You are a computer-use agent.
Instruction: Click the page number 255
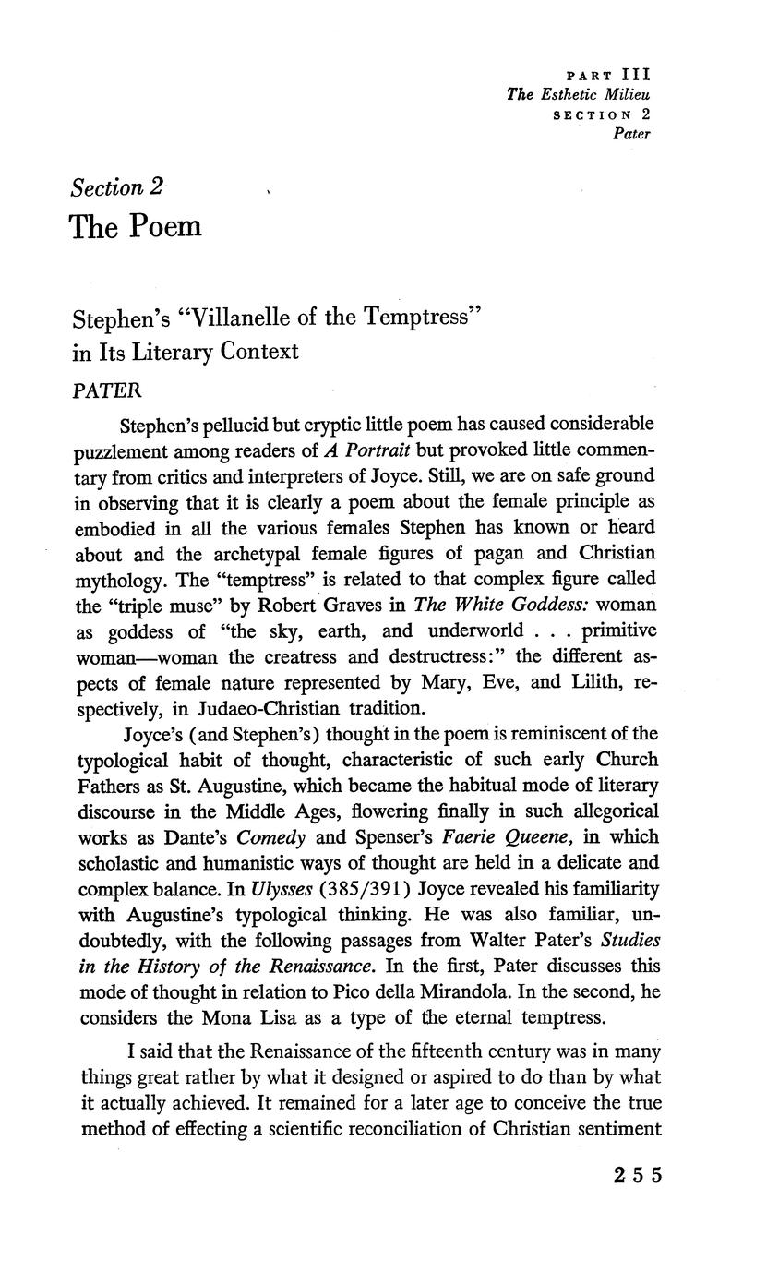click(x=637, y=1175)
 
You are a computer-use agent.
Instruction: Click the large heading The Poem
click(x=136, y=226)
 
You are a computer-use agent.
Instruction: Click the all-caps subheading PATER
click(x=106, y=390)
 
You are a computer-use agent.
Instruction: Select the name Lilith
click(x=591, y=683)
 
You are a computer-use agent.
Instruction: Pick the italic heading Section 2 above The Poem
click(x=117, y=187)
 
